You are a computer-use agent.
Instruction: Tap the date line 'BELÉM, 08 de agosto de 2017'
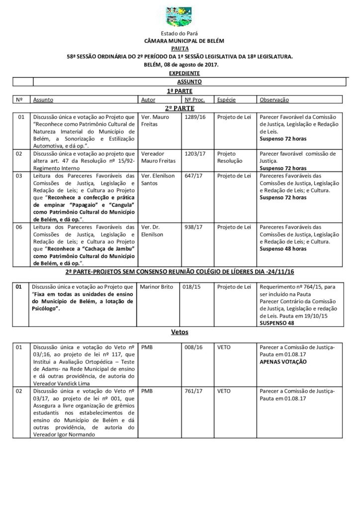pos(180,65)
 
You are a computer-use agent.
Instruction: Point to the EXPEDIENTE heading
pos(180,73)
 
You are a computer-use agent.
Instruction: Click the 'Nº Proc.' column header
pos(195,100)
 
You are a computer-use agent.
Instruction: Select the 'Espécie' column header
pos(226,100)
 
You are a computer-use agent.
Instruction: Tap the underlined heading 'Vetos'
pos(180,331)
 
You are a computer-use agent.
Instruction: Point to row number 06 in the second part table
pos(21,227)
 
